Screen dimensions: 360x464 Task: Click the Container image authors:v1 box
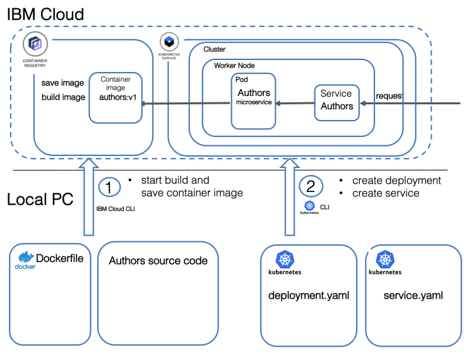point(116,97)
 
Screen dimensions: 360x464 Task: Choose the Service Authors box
point(337,100)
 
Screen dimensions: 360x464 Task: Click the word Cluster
point(214,49)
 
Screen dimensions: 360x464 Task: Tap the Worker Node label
point(234,66)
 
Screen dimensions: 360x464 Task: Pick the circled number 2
point(311,186)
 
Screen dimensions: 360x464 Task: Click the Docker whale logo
point(26,258)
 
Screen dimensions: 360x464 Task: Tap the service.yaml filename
point(413,295)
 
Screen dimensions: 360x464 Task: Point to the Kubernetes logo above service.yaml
point(385,259)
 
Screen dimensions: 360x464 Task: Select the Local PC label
point(40,200)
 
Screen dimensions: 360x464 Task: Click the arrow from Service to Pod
point(295,103)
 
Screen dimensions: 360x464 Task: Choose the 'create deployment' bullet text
point(396,181)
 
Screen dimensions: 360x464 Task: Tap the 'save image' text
point(63,83)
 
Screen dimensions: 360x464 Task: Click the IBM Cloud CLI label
point(115,208)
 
